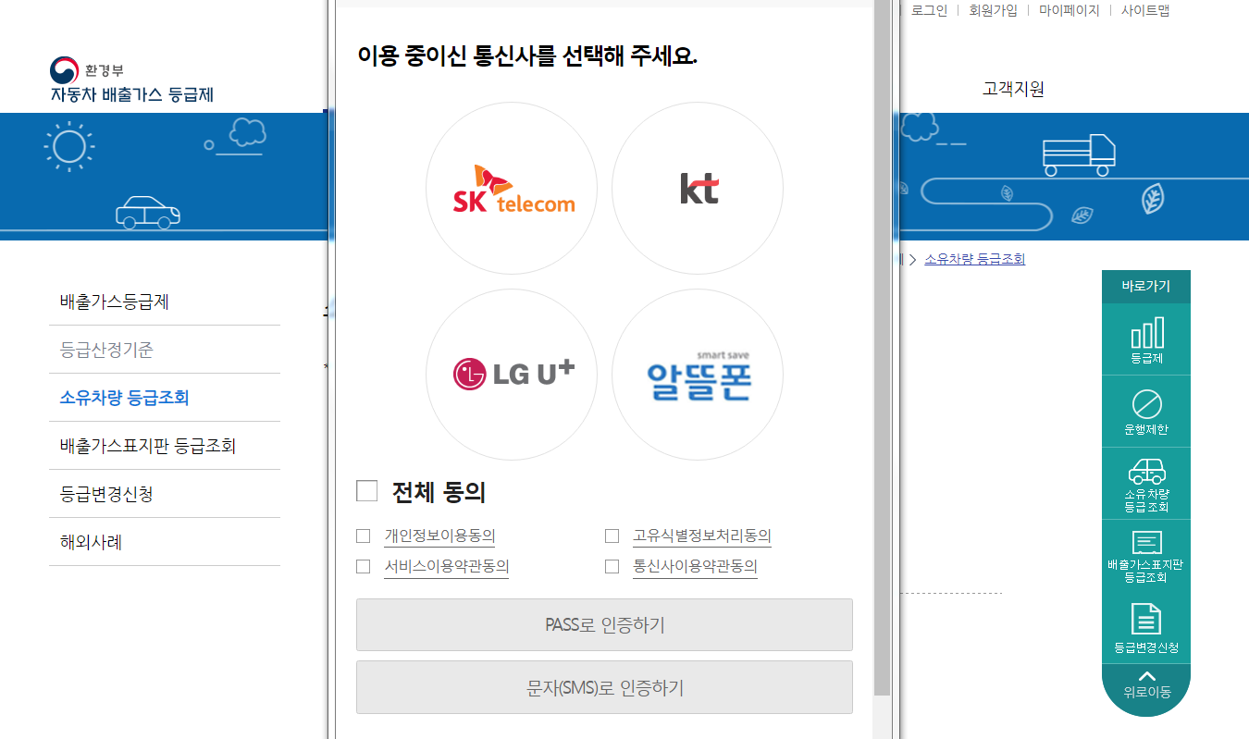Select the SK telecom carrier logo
[512, 189]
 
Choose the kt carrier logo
[698, 189]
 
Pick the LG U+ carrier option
[512, 374]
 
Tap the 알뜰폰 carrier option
[698, 374]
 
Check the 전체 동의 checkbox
[367, 491]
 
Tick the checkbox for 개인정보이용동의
[364, 536]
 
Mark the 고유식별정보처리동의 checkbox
[612, 536]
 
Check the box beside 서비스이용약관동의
[364, 567]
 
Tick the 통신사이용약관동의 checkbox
[612, 567]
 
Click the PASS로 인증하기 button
[604, 625]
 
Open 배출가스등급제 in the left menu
[115, 302]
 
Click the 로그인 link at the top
[929, 11]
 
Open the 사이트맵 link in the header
[1145, 11]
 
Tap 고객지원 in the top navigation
[1013, 90]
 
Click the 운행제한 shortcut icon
[1146, 412]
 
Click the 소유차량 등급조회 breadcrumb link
[974, 259]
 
